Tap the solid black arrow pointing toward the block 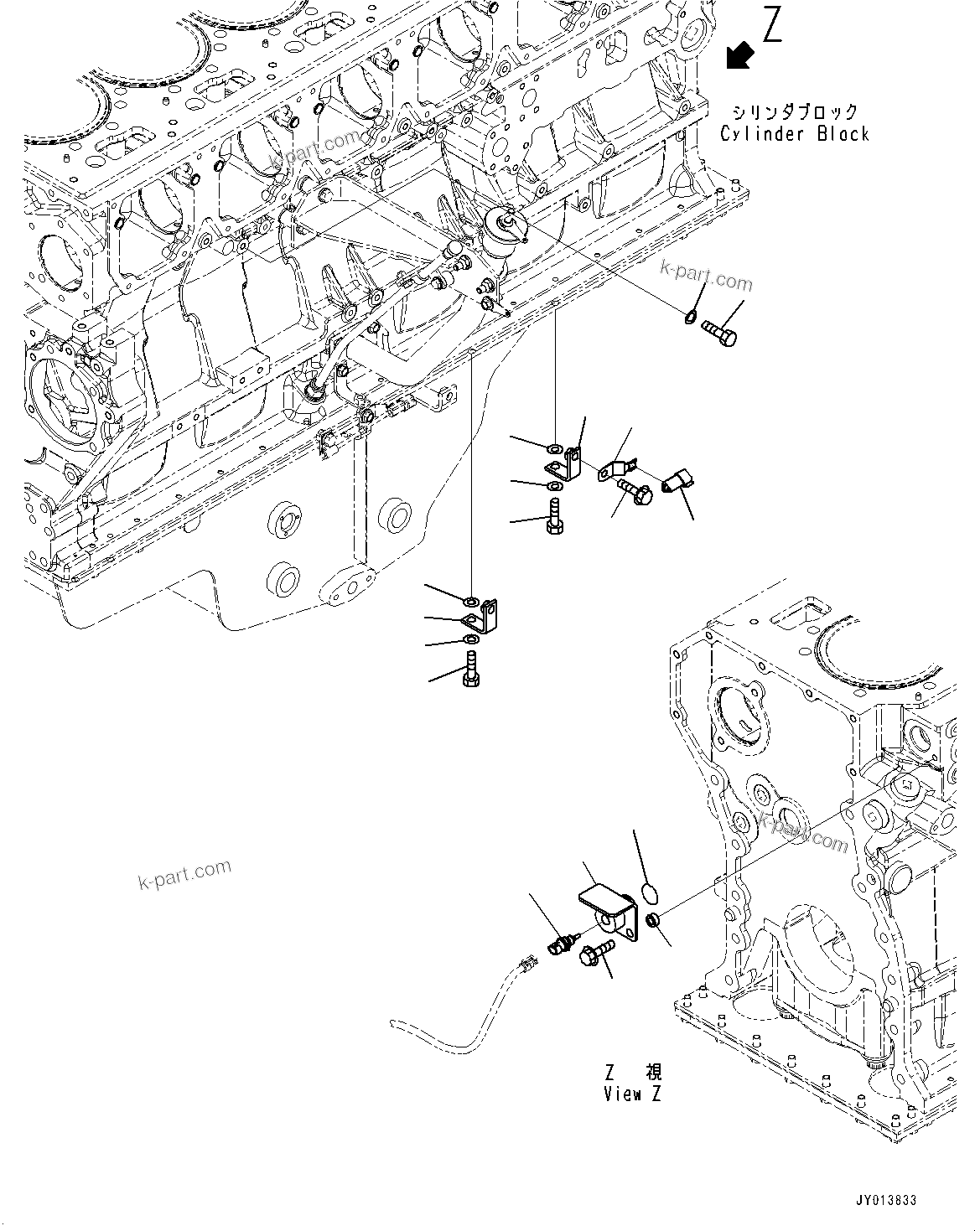coord(739,55)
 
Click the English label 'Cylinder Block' coord(795,134)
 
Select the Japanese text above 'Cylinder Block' coord(795,111)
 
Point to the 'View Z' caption coord(632,1094)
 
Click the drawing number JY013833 coord(886,1200)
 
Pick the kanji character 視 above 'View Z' coord(653,1073)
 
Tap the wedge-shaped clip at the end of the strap coord(676,483)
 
